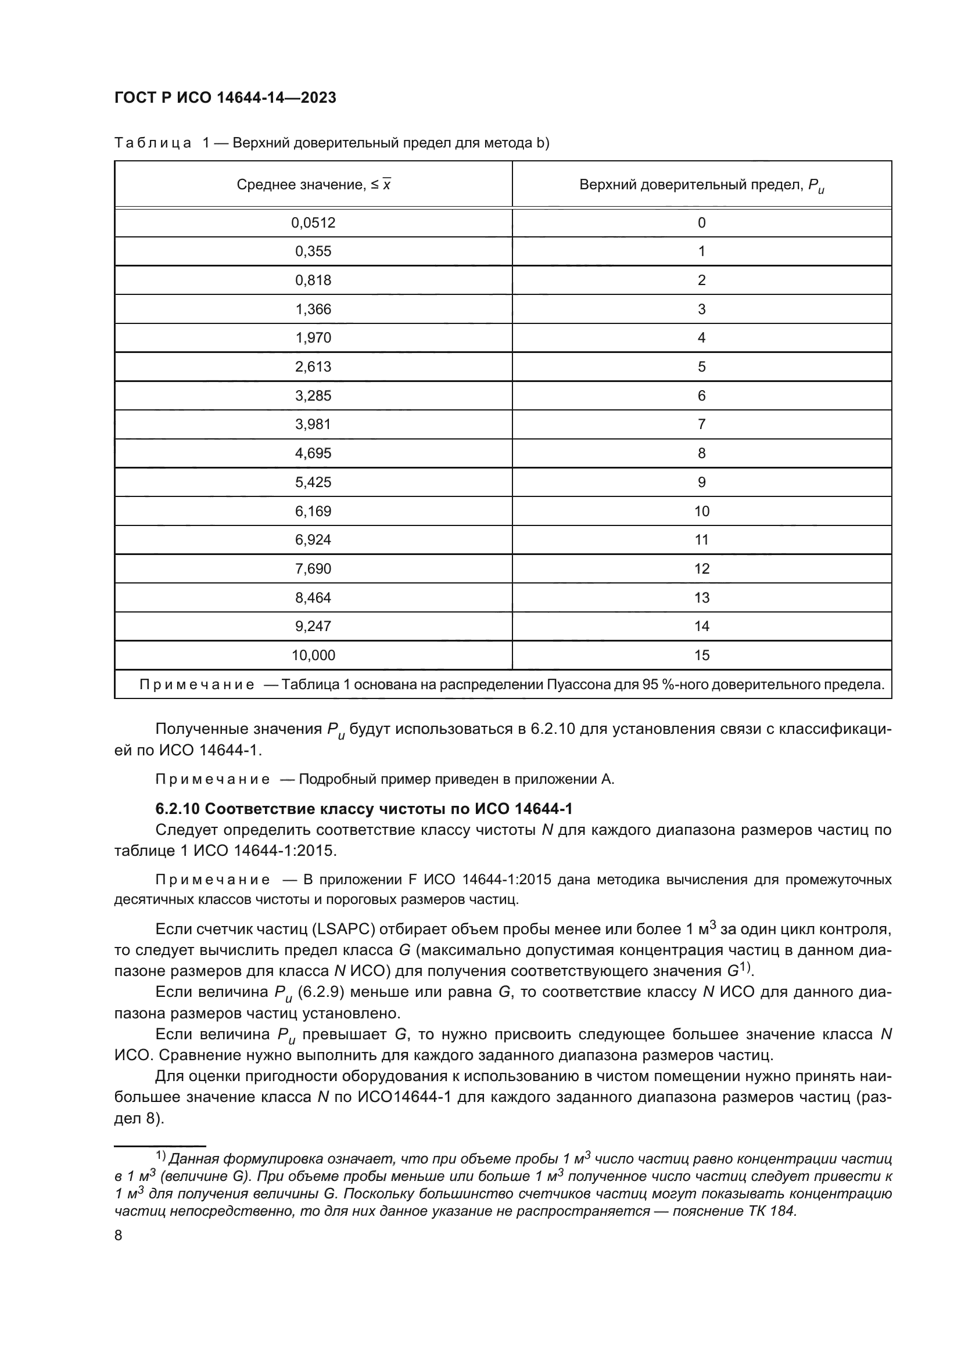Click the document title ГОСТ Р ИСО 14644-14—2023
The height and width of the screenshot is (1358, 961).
point(225,98)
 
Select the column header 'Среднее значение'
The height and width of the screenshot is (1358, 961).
point(313,185)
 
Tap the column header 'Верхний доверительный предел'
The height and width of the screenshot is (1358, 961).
point(701,185)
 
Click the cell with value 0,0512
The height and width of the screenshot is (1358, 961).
point(313,223)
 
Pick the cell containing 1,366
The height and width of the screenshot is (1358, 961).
point(313,309)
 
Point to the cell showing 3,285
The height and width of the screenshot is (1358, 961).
point(313,396)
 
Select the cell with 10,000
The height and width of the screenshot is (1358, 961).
point(313,655)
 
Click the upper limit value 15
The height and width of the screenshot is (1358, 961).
point(701,655)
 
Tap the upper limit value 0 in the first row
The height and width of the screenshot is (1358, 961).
point(701,223)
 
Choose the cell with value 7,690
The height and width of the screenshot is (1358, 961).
point(313,569)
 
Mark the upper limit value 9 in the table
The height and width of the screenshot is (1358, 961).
point(701,482)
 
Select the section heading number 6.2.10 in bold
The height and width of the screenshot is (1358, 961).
point(175,809)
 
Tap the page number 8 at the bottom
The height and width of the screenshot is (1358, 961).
point(119,1235)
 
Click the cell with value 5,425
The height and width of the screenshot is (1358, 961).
point(313,482)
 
